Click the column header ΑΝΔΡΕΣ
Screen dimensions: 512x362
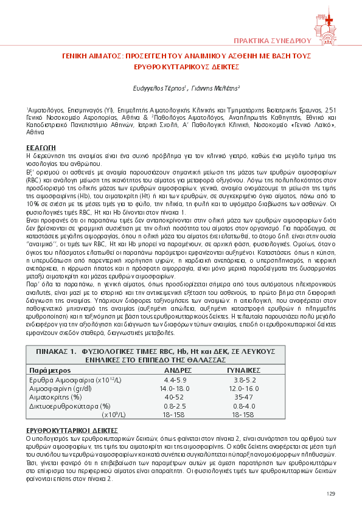[x=178, y=370]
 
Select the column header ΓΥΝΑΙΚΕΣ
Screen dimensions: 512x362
[x=244, y=370]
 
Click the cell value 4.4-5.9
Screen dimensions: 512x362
[x=175, y=379]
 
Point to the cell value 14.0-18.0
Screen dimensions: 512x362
[x=175, y=388]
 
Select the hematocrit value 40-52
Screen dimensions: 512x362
[x=175, y=396]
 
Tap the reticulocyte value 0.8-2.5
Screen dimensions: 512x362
[x=175, y=406]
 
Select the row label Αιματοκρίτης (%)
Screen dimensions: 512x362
[x=52, y=396]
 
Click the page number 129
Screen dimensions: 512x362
[x=330, y=493]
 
